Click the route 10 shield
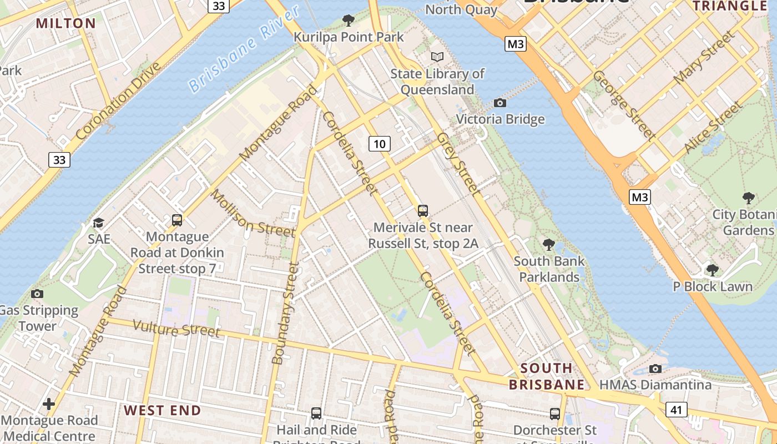click(x=380, y=144)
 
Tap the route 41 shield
click(x=675, y=410)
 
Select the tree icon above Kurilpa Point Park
click(x=349, y=21)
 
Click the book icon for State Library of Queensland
click(x=437, y=57)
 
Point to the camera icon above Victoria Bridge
click(x=500, y=103)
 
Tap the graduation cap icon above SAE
click(x=99, y=223)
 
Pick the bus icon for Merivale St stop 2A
click(x=423, y=211)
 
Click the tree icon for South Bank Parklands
click(x=549, y=244)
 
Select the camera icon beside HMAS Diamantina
click(x=655, y=369)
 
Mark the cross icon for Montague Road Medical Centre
click(x=49, y=403)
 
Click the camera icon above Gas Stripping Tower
click(x=37, y=294)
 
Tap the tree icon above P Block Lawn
click(x=713, y=270)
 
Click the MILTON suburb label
click(x=66, y=23)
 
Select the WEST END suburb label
click(x=162, y=411)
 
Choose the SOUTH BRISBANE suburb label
click(x=547, y=376)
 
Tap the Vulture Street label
click(x=176, y=329)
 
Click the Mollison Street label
click(x=253, y=213)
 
